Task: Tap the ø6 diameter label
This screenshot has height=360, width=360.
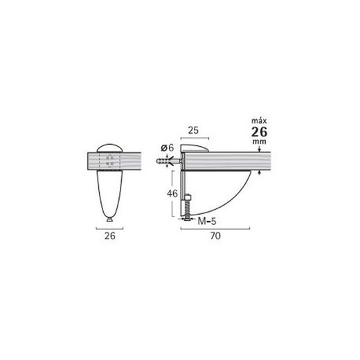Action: point(167,147)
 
